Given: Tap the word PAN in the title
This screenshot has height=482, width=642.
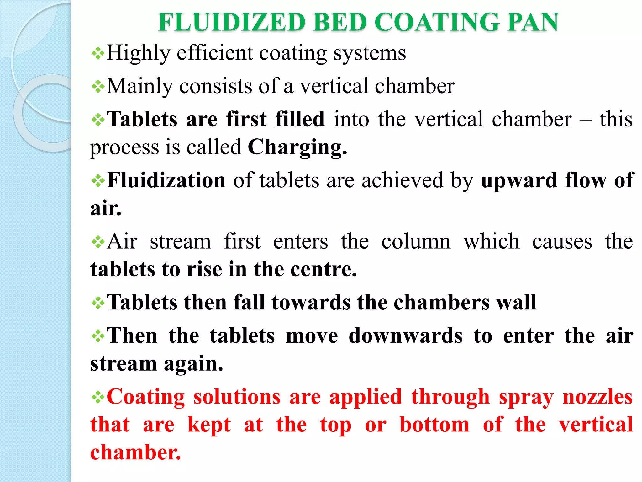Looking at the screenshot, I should click(533, 23).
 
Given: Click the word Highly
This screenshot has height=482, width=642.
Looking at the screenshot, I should click(138, 53).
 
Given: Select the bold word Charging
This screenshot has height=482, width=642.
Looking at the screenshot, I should click(297, 147).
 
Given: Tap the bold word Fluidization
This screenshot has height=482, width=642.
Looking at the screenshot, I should click(166, 180).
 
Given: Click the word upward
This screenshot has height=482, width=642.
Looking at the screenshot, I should click(519, 181).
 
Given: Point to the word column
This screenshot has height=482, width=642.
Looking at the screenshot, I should click(416, 242).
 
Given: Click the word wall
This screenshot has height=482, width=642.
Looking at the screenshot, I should click(516, 302).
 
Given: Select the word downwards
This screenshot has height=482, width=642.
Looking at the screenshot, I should click(406, 335).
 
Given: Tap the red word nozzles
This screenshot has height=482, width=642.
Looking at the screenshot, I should click(598, 397).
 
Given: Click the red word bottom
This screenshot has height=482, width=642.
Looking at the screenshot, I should click(434, 425).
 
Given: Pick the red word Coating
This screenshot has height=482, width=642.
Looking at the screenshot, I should click(146, 397).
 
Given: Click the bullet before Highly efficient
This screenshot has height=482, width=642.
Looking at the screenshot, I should click(98, 54).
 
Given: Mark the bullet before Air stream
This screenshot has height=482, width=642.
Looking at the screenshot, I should click(98, 242).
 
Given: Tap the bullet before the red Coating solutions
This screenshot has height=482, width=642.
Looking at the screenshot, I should click(98, 398).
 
